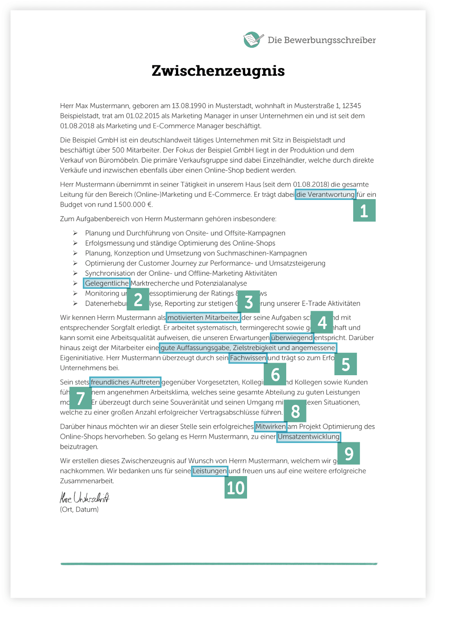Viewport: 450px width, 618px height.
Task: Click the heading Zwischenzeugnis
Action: point(218,71)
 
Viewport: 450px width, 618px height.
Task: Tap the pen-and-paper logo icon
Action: point(253,40)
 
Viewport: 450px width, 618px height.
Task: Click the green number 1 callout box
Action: point(364,210)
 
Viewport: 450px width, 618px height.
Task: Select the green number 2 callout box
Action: point(138,300)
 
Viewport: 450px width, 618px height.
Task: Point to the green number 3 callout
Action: point(249,302)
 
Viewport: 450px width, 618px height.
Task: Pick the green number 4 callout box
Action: point(322,322)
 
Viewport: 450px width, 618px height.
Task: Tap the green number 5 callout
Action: point(346,364)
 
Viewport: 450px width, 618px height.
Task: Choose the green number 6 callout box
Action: point(275,374)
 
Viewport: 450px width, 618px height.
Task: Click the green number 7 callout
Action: point(81,398)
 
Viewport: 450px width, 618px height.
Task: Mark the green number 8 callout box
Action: point(295,411)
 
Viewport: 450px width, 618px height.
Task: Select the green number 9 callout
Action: point(349,454)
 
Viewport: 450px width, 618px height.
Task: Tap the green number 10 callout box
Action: point(236,488)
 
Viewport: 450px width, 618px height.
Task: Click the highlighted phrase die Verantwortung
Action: point(325,195)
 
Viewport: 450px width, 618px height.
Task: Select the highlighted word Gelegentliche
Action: point(107,283)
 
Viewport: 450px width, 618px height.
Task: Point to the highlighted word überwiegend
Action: point(292,337)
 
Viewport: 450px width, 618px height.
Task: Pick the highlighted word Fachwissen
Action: point(248,358)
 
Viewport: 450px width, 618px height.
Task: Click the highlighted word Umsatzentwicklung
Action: point(309,437)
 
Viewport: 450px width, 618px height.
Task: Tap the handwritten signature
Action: point(85,498)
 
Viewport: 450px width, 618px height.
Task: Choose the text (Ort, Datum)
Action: point(79,509)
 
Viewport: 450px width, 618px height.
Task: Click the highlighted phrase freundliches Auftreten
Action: point(125,382)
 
